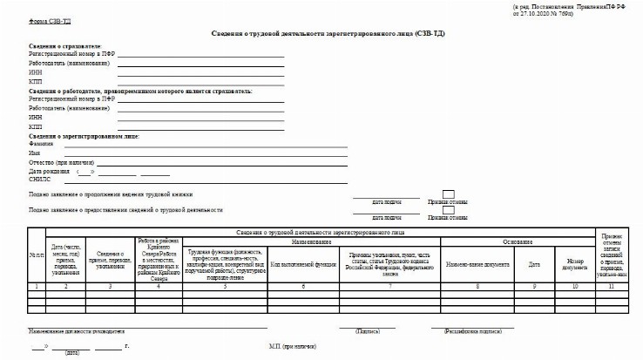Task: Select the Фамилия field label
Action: [41, 144]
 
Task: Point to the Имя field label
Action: [35, 153]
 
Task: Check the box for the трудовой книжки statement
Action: [448, 194]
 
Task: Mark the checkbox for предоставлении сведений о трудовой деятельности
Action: [448, 210]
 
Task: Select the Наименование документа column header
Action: [478, 263]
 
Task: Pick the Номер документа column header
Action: [574, 263]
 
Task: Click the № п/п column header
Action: [36, 255]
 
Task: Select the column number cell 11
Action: [612, 286]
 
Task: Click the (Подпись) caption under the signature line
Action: [367, 332]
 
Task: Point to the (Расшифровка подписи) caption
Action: [472, 332]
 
